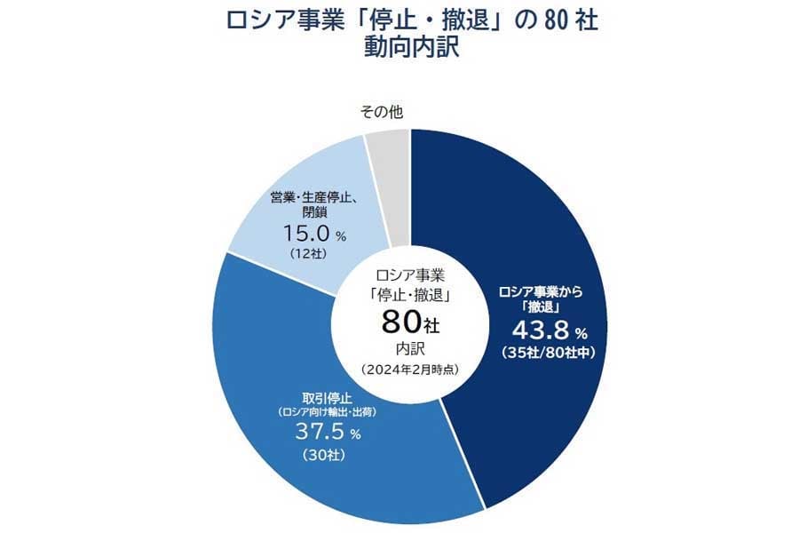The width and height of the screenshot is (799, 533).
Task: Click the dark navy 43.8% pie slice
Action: [533, 222]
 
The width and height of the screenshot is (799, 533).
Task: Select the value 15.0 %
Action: [307, 233]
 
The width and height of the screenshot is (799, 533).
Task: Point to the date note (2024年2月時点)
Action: [409, 369]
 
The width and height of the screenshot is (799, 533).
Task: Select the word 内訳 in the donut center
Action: [409, 346]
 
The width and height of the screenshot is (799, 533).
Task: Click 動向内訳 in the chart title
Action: [411, 47]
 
